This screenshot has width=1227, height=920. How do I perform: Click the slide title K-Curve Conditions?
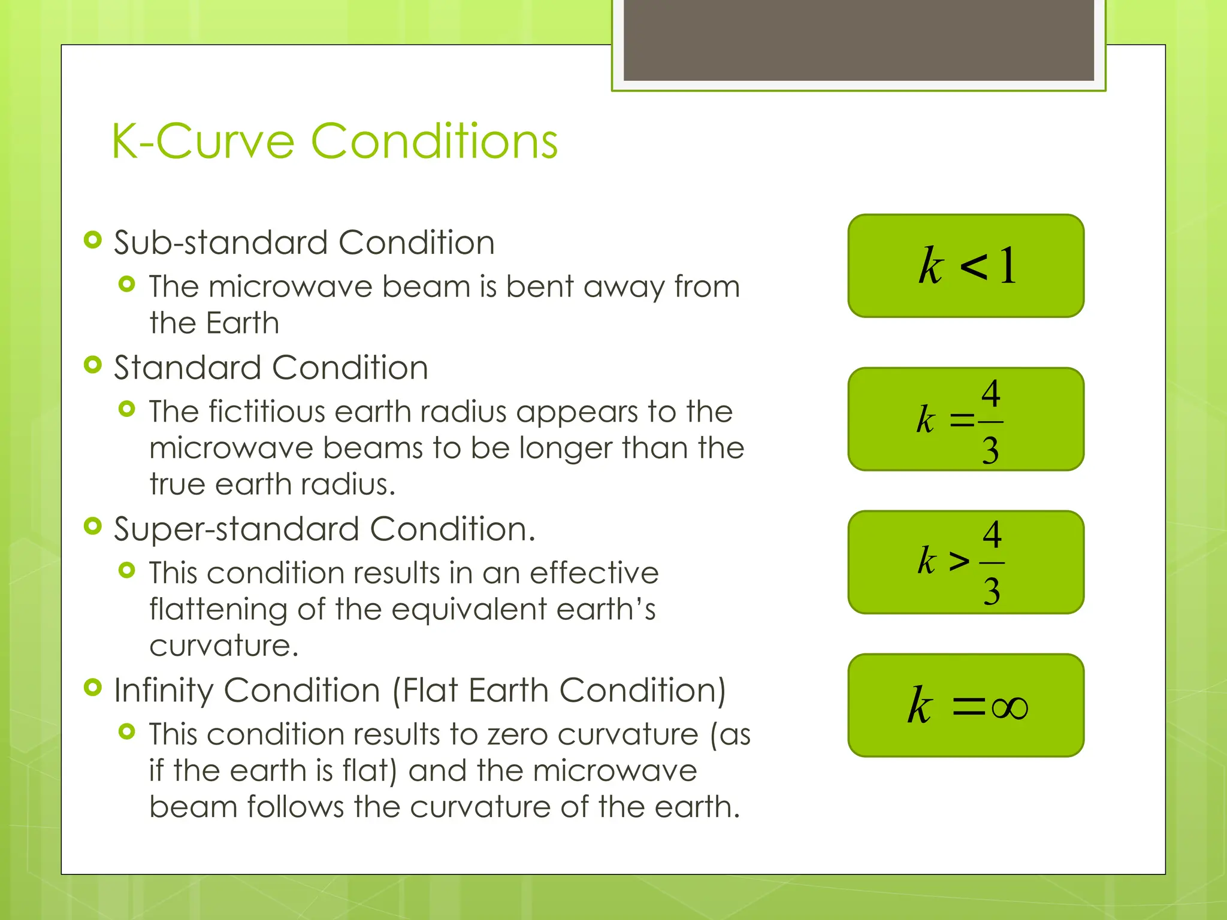(334, 141)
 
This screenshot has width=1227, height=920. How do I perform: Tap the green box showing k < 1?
(966, 266)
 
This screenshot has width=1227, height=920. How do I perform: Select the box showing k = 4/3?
(966, 419)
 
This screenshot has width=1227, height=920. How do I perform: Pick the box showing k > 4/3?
(966, 562)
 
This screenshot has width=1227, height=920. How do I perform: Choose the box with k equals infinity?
(966, 705)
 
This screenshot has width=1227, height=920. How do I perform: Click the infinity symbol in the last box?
(1010, 707)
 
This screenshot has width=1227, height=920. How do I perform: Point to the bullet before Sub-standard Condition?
(93, 241)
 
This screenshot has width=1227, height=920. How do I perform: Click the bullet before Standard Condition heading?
(93, 365)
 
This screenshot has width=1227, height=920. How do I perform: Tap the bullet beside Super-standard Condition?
(93, 526)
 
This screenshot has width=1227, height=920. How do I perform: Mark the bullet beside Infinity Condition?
(93, 688)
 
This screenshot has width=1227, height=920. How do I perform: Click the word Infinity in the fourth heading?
(164, 691)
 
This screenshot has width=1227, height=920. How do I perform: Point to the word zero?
(518, 735)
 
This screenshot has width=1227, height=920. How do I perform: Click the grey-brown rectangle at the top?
(858, 40)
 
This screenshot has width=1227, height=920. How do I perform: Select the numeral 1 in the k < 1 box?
(1008, 265)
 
